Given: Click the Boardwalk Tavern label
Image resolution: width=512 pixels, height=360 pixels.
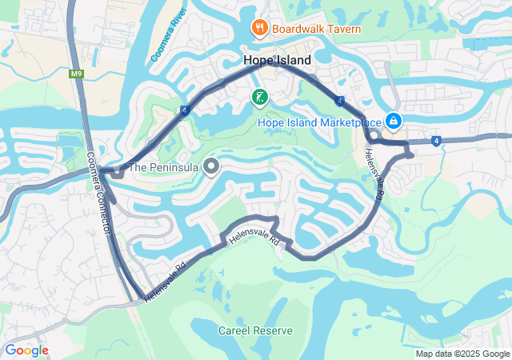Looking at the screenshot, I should [x=316, y=30].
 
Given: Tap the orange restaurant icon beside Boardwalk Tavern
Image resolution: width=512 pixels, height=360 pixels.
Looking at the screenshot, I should [x=259, y=29].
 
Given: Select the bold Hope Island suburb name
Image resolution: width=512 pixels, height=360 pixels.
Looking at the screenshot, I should [x=278, y=60].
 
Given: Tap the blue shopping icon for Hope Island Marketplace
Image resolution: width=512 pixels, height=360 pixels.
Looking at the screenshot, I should [x=394, y=121].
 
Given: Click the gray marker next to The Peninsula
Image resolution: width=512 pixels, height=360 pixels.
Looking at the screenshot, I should [x=211, y=166].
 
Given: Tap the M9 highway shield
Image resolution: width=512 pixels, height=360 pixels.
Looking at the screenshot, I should [x=77, y=74].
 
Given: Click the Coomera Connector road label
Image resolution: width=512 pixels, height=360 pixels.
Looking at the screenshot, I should [x=98, y=193].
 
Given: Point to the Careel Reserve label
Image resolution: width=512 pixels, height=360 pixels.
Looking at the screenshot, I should [x=255, y=330].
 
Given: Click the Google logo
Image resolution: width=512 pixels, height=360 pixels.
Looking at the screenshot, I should [x=26, y=350].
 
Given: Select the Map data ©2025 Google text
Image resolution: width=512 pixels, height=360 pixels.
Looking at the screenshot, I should [x=462, y=354].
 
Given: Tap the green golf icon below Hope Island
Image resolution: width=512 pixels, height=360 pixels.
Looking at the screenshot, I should [x=259, y=98].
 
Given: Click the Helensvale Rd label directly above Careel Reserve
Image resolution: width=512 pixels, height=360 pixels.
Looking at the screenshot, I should [x=253, y=238].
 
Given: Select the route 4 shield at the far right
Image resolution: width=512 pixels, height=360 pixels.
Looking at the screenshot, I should [x=437, y=142].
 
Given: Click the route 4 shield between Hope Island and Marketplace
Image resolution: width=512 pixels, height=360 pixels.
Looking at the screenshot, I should [x=340, y=101].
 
